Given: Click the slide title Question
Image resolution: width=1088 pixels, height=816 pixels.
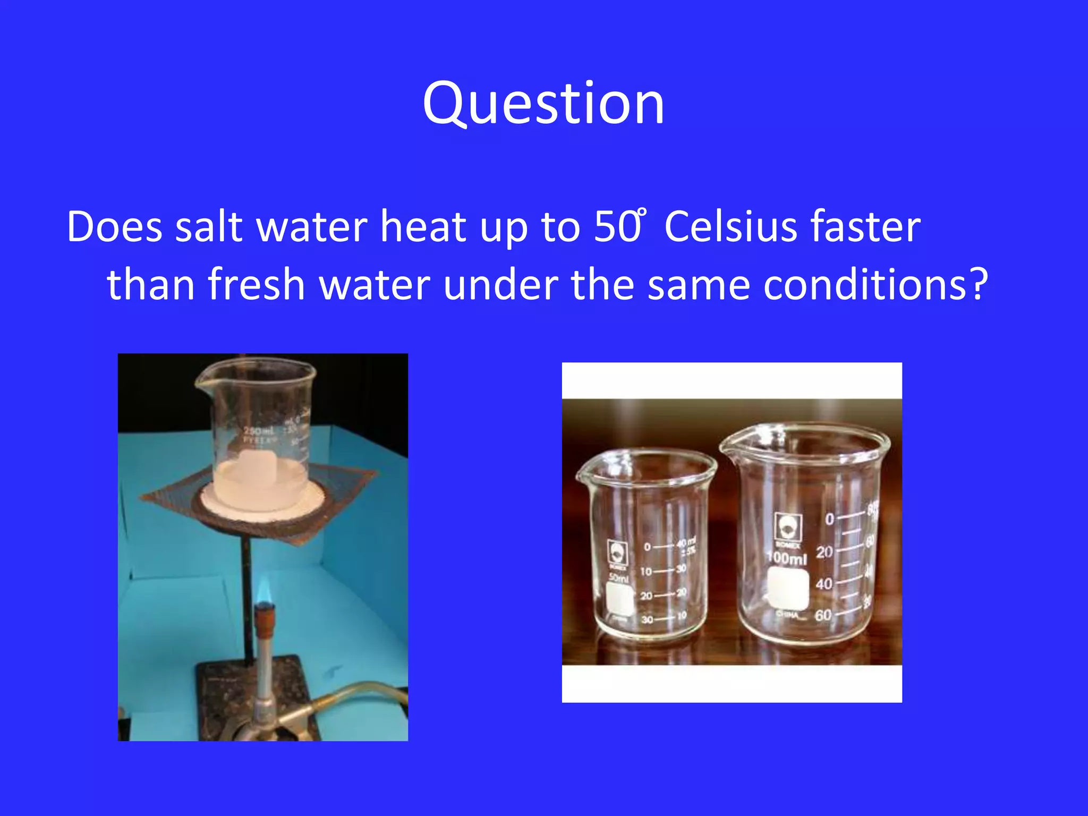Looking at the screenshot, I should pyautogui.click(x=543, y=104).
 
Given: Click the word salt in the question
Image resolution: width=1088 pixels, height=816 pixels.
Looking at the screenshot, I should pyautogui.click(x=208, y=227).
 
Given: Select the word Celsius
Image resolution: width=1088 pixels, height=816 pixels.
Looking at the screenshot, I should pyautogui.click(x=730, y=227).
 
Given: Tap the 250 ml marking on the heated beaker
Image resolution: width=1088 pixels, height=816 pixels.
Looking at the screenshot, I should pyautogui.click(x=259, y=430).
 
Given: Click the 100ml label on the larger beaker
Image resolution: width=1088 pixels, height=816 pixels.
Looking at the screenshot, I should pyautogui.click(x=787, y=558).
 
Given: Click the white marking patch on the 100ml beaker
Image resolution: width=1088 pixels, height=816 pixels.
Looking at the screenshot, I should pyautogui.click(x=788, y=588).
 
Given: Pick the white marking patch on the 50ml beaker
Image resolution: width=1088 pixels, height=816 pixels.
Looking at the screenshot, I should pyautogui.click(x=619, y=599).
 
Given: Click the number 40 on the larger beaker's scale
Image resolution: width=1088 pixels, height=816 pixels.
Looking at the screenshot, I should pyautogui.click(x=824, y=584).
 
